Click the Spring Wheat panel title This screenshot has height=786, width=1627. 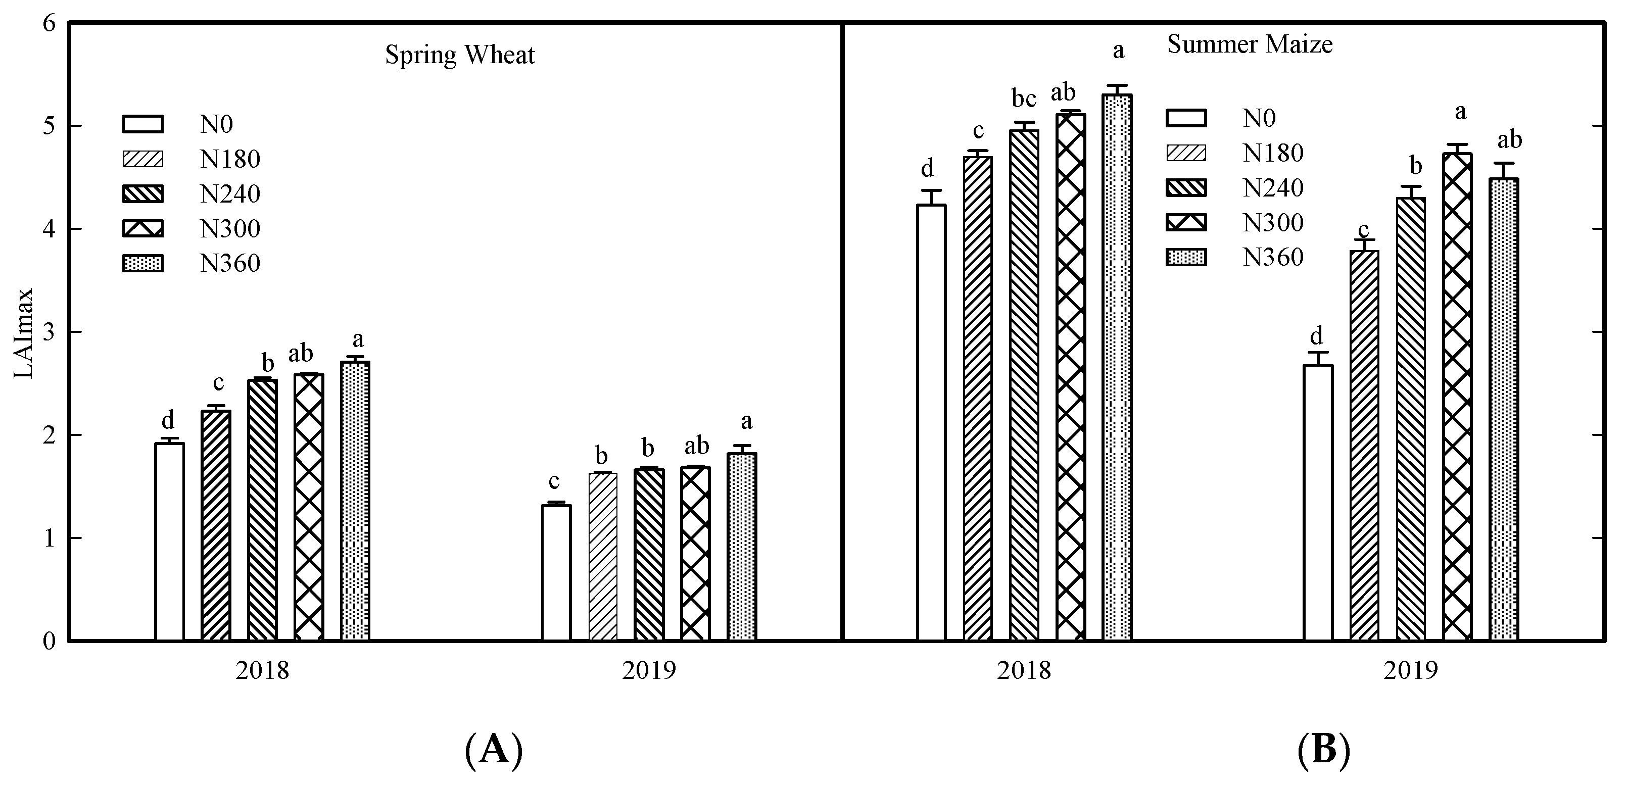(460, 56)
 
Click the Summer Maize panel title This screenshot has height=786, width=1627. (1249, 44)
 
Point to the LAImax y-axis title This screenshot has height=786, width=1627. (24, 333)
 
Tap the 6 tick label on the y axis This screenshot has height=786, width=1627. (50, 23)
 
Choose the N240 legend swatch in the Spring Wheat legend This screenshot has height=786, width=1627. (142, 194)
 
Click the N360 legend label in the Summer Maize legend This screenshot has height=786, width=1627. (1273, 258)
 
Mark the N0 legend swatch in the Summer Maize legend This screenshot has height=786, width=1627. (1186, 118)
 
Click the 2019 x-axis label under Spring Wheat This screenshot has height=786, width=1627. (649, 670)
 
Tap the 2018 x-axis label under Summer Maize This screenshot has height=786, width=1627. (1024, 670)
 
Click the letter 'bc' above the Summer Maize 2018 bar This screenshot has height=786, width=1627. (1024, 99)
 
